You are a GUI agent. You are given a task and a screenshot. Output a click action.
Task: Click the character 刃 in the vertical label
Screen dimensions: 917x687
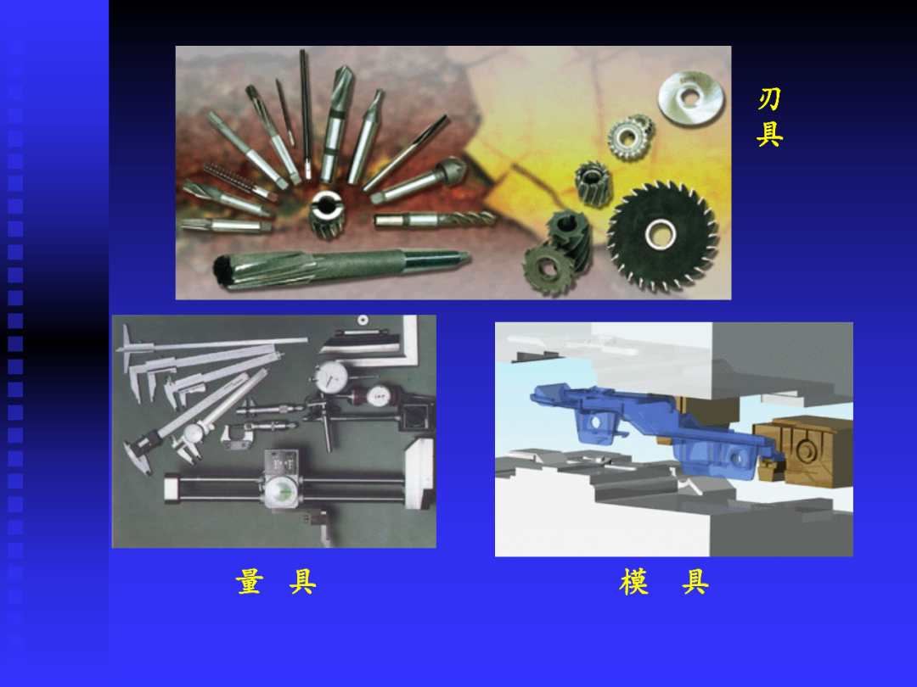(769, 98)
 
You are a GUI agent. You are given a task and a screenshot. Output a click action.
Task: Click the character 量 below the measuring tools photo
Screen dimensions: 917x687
(250, 582)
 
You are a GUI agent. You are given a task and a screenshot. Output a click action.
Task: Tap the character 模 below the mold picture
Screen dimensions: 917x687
(634, 582)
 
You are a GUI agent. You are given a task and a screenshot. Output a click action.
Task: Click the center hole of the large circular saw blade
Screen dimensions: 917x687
(661, 235)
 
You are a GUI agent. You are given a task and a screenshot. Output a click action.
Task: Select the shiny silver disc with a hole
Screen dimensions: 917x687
(690, 98)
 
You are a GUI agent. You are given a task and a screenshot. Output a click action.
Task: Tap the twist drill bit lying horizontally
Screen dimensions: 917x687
(435, 219)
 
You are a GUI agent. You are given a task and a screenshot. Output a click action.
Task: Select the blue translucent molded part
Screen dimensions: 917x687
(655, 427)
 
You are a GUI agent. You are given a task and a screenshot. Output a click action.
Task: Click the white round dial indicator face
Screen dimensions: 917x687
(331, 378)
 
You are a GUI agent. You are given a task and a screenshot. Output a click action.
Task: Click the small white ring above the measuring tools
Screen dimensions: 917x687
(363, 320)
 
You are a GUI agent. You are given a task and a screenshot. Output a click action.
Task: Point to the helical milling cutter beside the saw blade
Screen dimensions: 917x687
(593, 183)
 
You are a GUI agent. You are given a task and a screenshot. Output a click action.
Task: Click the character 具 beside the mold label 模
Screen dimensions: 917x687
(695, 582)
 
